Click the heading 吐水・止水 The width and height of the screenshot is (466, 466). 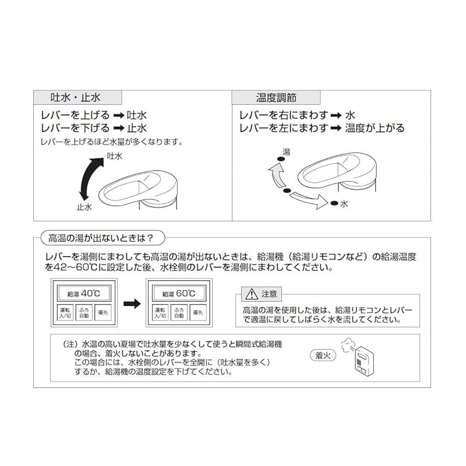tap(76, 97)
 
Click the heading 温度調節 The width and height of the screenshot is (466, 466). tap(276, 97)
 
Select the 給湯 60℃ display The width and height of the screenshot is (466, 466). tap(178, 294)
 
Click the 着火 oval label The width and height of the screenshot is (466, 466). tap(322, 355)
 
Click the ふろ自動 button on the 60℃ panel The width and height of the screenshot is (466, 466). tap(178, 312)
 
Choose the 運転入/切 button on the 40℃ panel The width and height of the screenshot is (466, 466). tap(65, 312)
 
